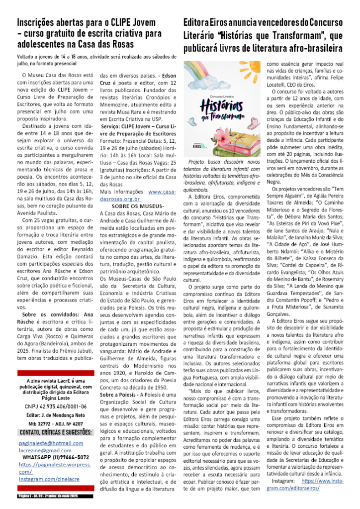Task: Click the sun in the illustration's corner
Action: point(187,64)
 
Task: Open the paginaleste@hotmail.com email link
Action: point(51,443)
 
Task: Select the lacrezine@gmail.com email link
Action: point(45,450)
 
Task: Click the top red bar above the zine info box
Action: point(55,372)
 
